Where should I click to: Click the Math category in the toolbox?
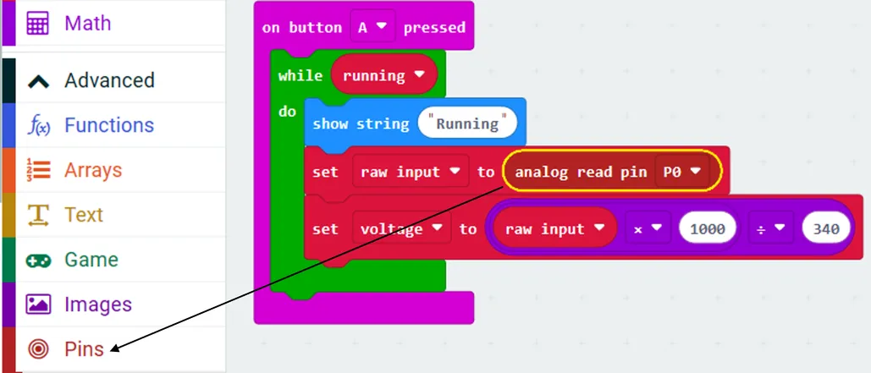pyautogui.click(x=87, y=23)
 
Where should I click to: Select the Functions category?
pyautogui.click(x=108, y=125)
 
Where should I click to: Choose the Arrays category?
pyautogui.click(x=92, y=170)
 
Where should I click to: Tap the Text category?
pyautogui.click(x=83, y=215)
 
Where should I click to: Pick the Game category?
pyautogui.click(x=91, y=260)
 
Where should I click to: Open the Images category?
pyautogui.click(x=97, y=304)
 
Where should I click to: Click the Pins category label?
pyautogui.click(x=84, y=348)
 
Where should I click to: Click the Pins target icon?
pyautogui.click(x=39, y=348)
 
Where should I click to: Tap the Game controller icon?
pyautogui.click(x=39, y=260)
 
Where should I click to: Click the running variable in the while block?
pyautogui.click(x=383, y=75)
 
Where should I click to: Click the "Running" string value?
pyautogui.click(x=467, y=123)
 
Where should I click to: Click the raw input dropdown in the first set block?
pyautogui.click(x=411, y=172)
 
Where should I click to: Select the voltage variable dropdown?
pyautogui.click(x=401, y=228)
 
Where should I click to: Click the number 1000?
pyautogui.click(x=712, y=228)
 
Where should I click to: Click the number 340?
pyautogui.click(x=826, y=228)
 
